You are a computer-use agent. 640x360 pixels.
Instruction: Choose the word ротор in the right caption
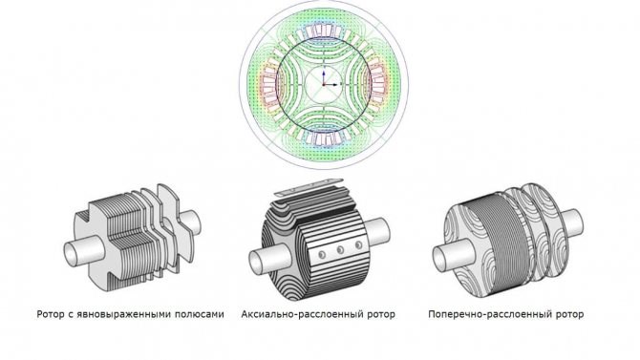click(x=570, y=315)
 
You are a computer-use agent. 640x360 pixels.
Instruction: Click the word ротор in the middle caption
click(x=383, y=315)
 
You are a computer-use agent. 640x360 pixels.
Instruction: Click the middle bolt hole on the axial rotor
click(x=340, y=250)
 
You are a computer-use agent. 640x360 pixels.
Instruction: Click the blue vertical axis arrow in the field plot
click(x=324, y=76)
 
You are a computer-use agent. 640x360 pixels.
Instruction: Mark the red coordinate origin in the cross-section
click(x=324, y=84)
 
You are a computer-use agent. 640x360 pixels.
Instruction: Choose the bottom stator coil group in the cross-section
click(x=324, y=138)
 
